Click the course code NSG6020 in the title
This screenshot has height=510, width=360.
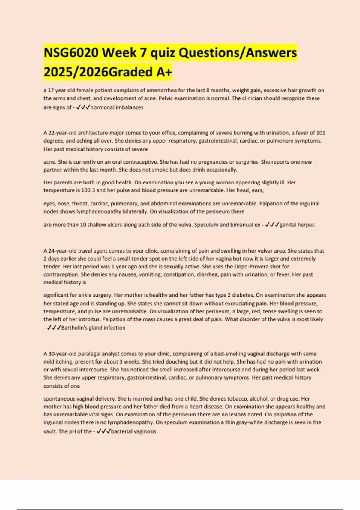click(71, 53)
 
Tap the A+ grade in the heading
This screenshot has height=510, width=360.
click(164, 72)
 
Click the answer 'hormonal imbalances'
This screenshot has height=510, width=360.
click(117, 107)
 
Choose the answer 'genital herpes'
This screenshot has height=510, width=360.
click(297, 225)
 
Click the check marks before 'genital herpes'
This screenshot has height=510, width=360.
click(272, 225)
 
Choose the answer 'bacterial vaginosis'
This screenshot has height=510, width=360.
click(133, 431)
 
